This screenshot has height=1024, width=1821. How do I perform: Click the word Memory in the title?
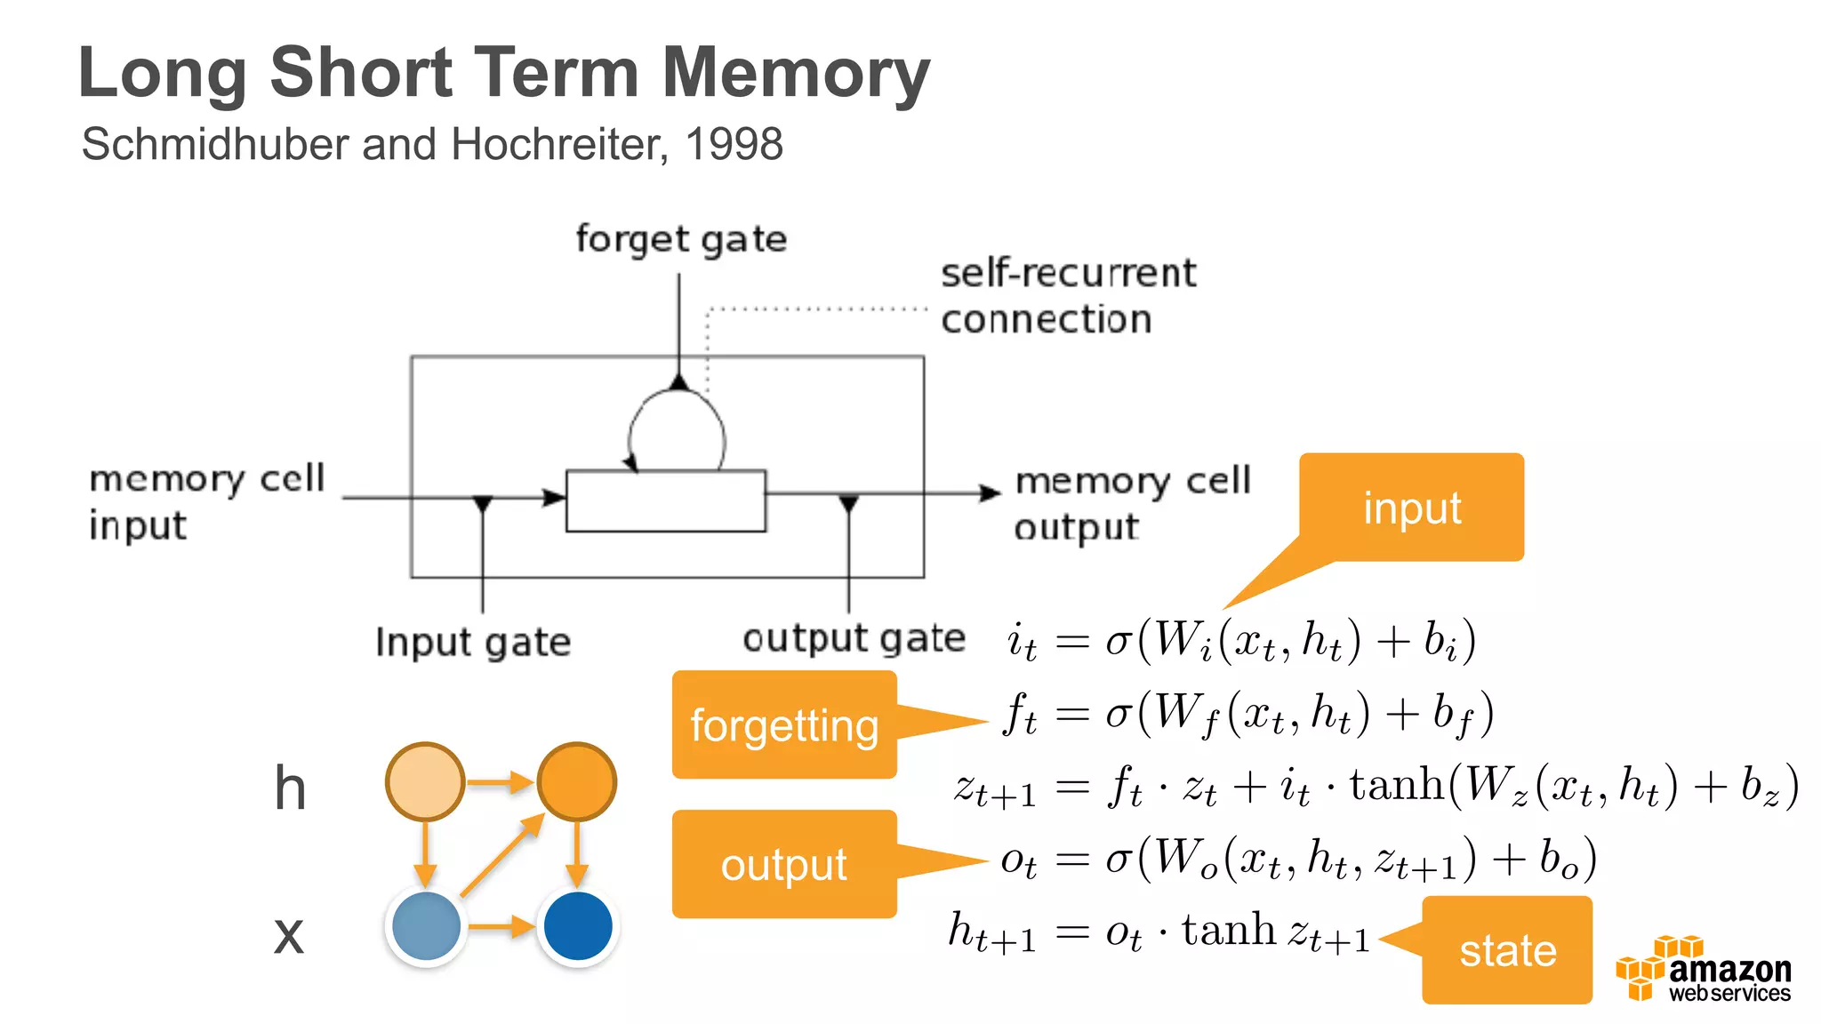(x=796, y=73)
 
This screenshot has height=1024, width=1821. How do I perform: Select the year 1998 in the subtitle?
(x=734, y=144)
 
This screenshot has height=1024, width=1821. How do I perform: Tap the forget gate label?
(x=681, y=239)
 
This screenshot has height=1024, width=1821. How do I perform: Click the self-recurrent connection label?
(x=1067, y=296)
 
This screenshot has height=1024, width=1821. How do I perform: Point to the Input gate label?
(x=473, y=642)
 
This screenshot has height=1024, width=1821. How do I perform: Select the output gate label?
(x=854, y=638)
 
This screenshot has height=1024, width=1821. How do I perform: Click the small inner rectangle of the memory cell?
(x=666, y=501)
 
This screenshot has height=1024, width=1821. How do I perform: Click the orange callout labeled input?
(x=1412, y=508)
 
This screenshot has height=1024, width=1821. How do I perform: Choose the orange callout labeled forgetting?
(x=784, y=725)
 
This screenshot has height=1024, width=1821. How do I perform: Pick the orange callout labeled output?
(x=784, y=864)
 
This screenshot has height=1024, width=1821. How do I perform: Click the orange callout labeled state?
(x=1507, y=950)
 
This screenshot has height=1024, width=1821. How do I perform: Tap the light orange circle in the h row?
(x=425, y=782)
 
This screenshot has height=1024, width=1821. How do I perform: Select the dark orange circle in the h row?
(x=577, y=782)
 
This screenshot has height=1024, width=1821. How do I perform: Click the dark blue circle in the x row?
(x=578, y=926)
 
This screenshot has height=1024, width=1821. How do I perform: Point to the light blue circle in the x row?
(x=426, y=926)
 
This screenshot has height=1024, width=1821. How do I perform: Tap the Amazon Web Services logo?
(x=1703, y=971)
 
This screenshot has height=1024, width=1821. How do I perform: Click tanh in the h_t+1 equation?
(x=1228, y=931)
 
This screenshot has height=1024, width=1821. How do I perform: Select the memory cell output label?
(x=1131, y=503)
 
